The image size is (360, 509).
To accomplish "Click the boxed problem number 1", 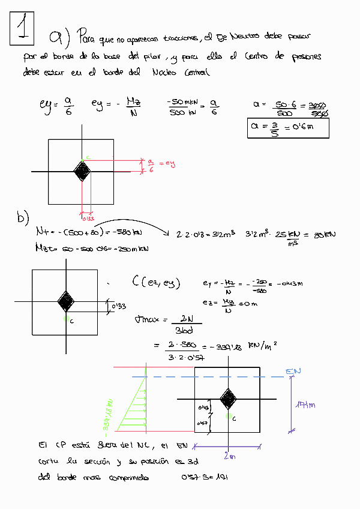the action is (x=23, y=28).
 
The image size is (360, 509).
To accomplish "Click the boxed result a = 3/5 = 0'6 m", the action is (x=288, y=128).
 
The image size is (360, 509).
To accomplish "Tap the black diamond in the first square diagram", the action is (x=82, y=172).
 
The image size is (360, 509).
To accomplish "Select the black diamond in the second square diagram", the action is (x=65, y=300).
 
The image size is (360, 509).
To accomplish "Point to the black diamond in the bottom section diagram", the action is (x=228, y=399).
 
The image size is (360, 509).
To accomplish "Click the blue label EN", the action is (x=293, y=372).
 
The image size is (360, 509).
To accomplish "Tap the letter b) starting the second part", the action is (x=23, y=218).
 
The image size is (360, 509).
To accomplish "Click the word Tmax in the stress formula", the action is (x=146, y=319).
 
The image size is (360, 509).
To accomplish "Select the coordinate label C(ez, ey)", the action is (x=155, y=283).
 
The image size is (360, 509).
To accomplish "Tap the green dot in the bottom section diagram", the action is (x=228, y=415).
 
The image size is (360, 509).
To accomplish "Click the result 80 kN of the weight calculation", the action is (x=324, y=234).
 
